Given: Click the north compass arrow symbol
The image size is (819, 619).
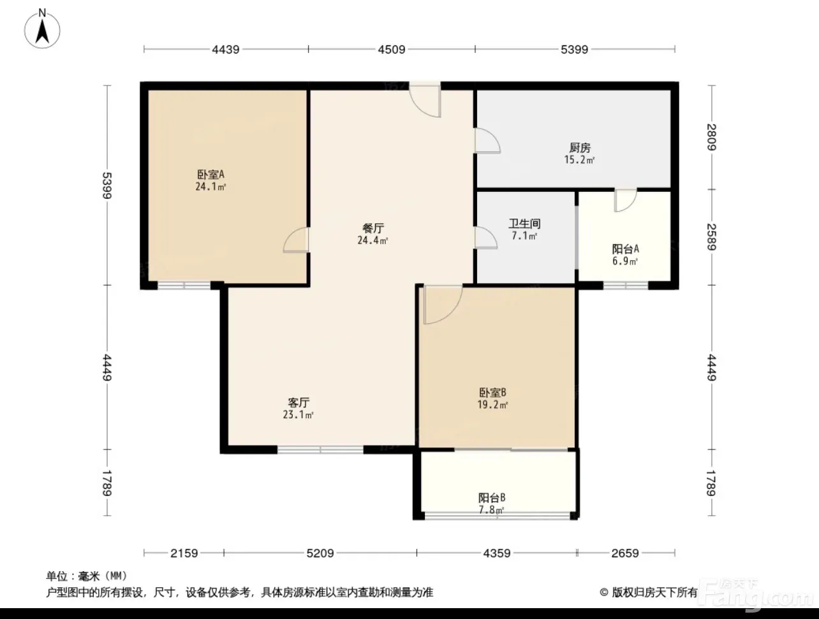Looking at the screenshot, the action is click(x=42, y=32).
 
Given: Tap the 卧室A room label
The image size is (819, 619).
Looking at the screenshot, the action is click(x=211, y=174).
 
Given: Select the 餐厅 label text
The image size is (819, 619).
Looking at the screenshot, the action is click(x=373, y=228).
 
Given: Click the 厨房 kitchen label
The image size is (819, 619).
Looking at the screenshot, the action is click(x=580, y=148).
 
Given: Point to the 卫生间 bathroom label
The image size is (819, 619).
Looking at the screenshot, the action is click(x=524, y=224).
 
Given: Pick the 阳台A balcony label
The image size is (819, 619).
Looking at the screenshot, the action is click(x=625, y=249).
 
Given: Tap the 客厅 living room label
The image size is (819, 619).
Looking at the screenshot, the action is click(x=299, y=402).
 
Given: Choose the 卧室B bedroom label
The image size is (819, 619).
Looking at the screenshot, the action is click(x=492, y=392).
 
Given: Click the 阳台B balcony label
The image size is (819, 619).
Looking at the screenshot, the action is click(x=492, y=497).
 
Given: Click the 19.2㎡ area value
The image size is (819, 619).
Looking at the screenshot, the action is click(x=492, y=405).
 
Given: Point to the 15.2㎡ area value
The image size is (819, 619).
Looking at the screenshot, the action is click(x=579, y=160).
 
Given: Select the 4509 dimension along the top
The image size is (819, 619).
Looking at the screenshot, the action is click(x=392, y=49).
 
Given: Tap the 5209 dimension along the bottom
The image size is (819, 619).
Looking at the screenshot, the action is click(x=320, y=553).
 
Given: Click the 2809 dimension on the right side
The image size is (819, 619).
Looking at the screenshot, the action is click(x=712, y=137).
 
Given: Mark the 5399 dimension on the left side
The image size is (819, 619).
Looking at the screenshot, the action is click(x=107, y=186).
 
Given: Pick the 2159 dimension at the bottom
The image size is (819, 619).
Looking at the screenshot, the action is click(x=184, y=553).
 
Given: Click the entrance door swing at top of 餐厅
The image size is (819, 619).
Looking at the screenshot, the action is click(x=425, y=101).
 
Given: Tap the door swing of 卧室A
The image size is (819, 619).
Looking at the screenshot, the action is click(x=296, y=240).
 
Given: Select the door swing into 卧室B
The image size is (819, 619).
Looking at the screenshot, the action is click(x=443, y=304).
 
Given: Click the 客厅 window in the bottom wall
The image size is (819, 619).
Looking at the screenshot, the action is click(x=320, y=449).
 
